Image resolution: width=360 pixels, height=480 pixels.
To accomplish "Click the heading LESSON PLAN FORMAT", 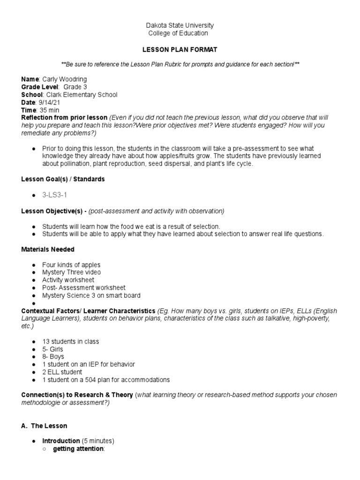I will coord(180,49).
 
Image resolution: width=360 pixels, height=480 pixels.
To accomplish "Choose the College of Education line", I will coord(178,33).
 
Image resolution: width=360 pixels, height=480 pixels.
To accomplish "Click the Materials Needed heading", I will coord(48,249).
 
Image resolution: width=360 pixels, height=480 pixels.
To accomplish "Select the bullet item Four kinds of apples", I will coord(71,265).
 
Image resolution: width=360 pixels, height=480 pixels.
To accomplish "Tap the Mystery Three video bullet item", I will coord(71,272).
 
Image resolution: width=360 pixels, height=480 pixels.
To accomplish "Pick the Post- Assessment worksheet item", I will coord(84,287).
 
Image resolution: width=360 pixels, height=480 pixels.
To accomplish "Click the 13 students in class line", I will coord(71,341).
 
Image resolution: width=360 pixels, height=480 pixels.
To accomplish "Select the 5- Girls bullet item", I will coord(52,349).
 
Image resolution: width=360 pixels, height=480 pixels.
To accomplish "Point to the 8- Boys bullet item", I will coord(53,357).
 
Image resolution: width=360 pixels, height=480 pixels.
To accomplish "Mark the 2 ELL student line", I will coord(62,372).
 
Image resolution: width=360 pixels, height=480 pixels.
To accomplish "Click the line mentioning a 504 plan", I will coord(106,380).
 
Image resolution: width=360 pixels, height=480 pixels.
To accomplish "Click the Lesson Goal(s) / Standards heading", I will coord(63,179).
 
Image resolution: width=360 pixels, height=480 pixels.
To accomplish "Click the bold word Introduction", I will coord(61,441).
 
